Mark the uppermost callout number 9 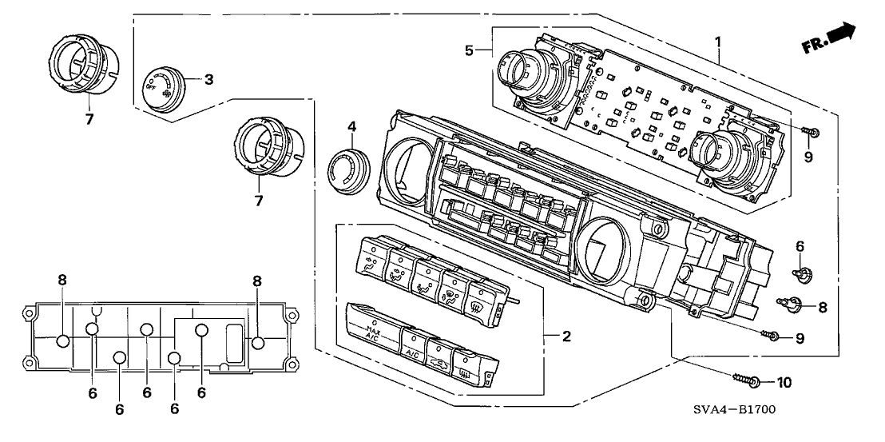(808, 157)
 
